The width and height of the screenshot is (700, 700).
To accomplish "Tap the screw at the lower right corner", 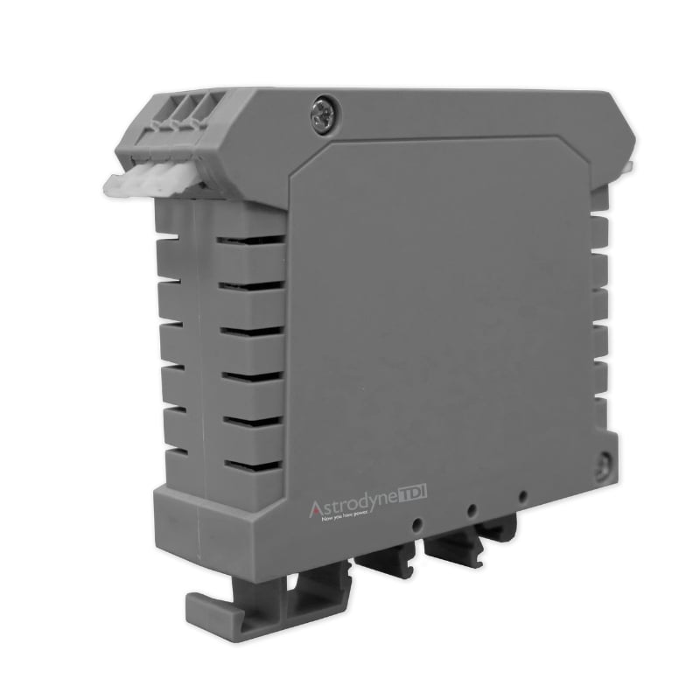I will point(603,466).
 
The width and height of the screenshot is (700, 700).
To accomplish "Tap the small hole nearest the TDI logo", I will point(419,525).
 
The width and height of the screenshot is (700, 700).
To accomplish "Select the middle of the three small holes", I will point(472,509).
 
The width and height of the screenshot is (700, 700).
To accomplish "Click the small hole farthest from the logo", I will point(522,496).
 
